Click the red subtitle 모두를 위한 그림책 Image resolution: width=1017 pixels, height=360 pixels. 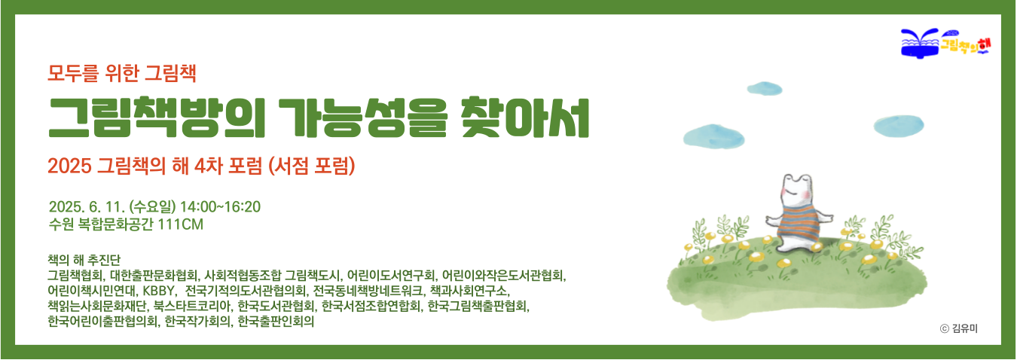(122, 73)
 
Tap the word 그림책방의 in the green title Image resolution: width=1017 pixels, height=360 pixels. (157, 117)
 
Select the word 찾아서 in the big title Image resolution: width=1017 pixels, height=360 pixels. (525, 117)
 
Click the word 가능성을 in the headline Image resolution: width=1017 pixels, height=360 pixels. (363, 117)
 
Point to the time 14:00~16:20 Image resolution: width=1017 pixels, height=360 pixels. (220, 207)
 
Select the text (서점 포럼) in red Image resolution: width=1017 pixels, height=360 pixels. (311, 166)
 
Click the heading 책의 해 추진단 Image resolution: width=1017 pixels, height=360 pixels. (84, 260)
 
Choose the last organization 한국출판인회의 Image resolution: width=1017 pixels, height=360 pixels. (276, 322)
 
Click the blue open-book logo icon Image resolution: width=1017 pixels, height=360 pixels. (920, 44)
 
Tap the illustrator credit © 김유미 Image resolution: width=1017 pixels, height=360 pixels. (958, 328)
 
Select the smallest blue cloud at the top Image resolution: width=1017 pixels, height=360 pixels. (765, 88)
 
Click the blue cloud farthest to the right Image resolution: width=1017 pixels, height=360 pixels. (899, 126)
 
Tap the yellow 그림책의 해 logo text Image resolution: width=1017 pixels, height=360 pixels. (964, 44)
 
